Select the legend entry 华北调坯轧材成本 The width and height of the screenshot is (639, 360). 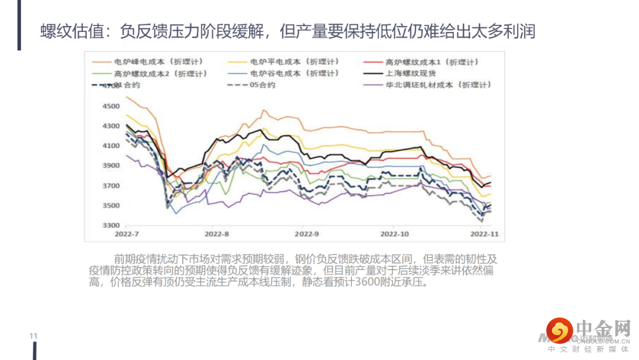point(430,85)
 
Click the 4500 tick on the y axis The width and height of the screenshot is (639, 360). point(111,106)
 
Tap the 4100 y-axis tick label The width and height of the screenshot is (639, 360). point(111,146)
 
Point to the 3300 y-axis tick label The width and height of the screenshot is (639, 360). point(111,226)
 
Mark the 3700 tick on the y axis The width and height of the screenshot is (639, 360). point(111,186)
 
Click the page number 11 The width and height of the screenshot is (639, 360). point(34,336)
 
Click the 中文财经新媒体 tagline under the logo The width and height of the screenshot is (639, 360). point(588,349)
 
